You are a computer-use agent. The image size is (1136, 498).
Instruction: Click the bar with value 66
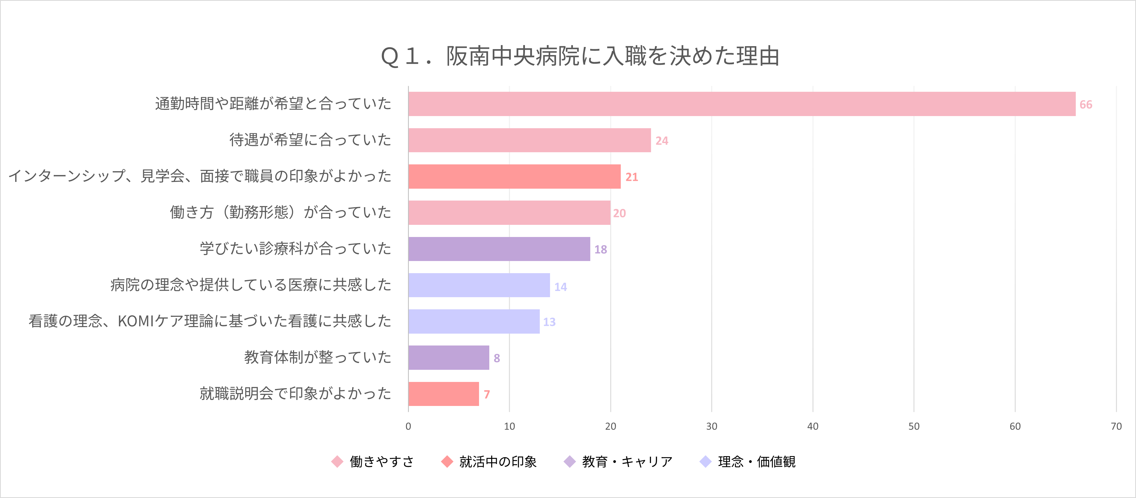coord(742,104)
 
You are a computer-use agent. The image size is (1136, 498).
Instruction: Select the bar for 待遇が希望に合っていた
coord(529,140)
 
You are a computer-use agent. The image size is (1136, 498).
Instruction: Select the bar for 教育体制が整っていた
coord(449,357)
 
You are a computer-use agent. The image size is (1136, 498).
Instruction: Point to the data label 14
coord(561,287)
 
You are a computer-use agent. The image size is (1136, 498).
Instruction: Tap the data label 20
coord(619,213)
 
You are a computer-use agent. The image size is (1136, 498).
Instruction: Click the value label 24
coord(662,141)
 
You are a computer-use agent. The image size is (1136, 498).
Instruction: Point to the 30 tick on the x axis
coord(711,426)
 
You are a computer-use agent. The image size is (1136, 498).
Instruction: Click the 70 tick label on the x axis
coord(1116,426)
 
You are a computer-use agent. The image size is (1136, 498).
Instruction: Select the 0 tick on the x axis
coord(408,426)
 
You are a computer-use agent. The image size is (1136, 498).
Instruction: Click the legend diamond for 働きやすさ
coord(337,461)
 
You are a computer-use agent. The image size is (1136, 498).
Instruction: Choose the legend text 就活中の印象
coord(498,461)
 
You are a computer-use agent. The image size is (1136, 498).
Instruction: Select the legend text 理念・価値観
coord(757,461)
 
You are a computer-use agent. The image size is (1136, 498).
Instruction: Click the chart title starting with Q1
coord(580,56)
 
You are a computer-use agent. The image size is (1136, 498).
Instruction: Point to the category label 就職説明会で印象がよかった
coord(295,393)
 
